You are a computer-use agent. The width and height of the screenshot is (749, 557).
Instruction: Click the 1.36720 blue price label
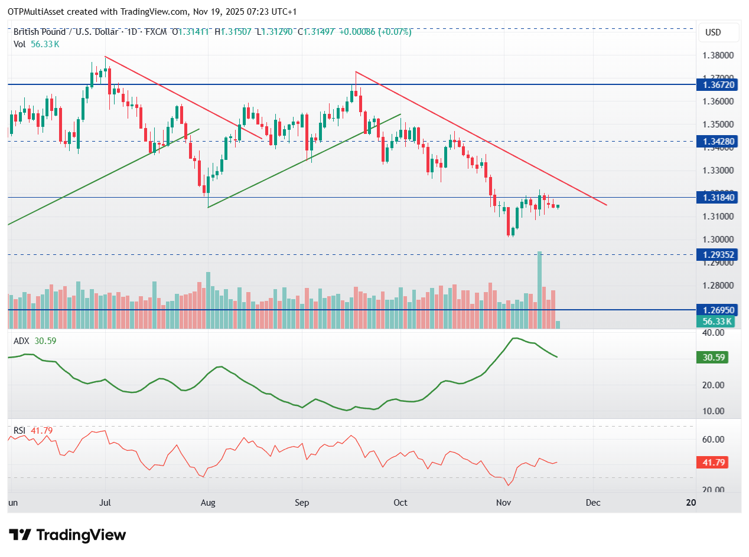pos(717,84)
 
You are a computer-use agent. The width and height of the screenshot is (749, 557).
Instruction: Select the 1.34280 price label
pos(717,141)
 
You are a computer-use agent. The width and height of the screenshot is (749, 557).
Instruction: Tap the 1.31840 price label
pos(717,197)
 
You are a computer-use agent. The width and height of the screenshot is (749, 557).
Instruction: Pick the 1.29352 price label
pos(717,254)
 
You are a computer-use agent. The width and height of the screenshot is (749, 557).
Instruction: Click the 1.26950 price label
pos(717,309)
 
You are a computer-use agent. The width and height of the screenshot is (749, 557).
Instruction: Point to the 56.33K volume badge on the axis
pos(717,321)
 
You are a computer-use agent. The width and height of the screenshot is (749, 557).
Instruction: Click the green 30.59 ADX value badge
pos(714,357)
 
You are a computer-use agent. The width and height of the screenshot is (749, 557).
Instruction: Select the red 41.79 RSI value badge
pos(714,462)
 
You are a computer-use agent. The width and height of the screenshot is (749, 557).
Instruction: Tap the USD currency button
pos(718,32)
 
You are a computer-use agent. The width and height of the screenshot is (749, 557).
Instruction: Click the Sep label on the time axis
pos(302,502)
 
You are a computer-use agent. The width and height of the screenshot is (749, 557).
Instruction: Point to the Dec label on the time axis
pos(593,502)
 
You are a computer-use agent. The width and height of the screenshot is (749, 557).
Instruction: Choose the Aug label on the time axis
pos(208,502)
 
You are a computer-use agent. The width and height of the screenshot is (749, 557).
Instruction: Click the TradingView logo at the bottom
pos(69,535)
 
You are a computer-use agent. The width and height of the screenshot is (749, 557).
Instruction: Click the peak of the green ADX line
pos(515,338)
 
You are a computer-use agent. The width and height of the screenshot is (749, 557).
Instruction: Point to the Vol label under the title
pos(20,44)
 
